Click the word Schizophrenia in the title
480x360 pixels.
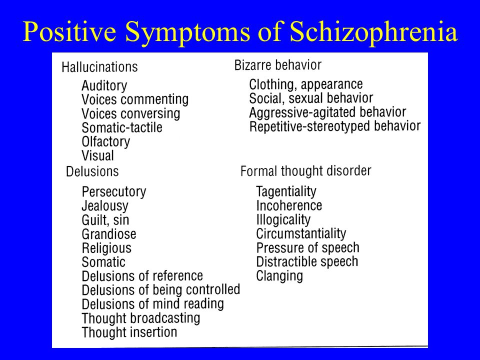click(x=373, y=32)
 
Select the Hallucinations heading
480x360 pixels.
click(x=100, y=67)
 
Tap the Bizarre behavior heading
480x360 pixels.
click(x=278, y=65)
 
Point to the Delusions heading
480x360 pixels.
click(x=92, y=171)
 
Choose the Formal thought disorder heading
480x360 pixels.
click(x=306, y=171)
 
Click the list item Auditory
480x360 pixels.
click(x=104, y=85)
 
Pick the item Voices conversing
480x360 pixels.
click(x=130, y=113)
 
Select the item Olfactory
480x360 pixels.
click(x=106, y=142)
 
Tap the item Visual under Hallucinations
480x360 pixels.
click(x=97, y=155)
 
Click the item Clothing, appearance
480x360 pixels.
click(x=306, y=84)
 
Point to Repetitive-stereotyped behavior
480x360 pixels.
click(x=335, y=126)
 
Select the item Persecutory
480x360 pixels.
click(x=114, y=192)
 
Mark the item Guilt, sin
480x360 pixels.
click(x=105, y=220)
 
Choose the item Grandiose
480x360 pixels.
click(x=109, y=234)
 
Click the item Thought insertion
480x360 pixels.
click(x=129, y=332)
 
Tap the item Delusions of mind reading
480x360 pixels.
click(x=153, y=304)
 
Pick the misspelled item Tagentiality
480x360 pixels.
click(x=286, y=192)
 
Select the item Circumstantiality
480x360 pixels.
click(x=301, y=234)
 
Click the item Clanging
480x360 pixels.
click(x=279, y=276)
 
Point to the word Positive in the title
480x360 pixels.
click(x=69, y=31)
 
